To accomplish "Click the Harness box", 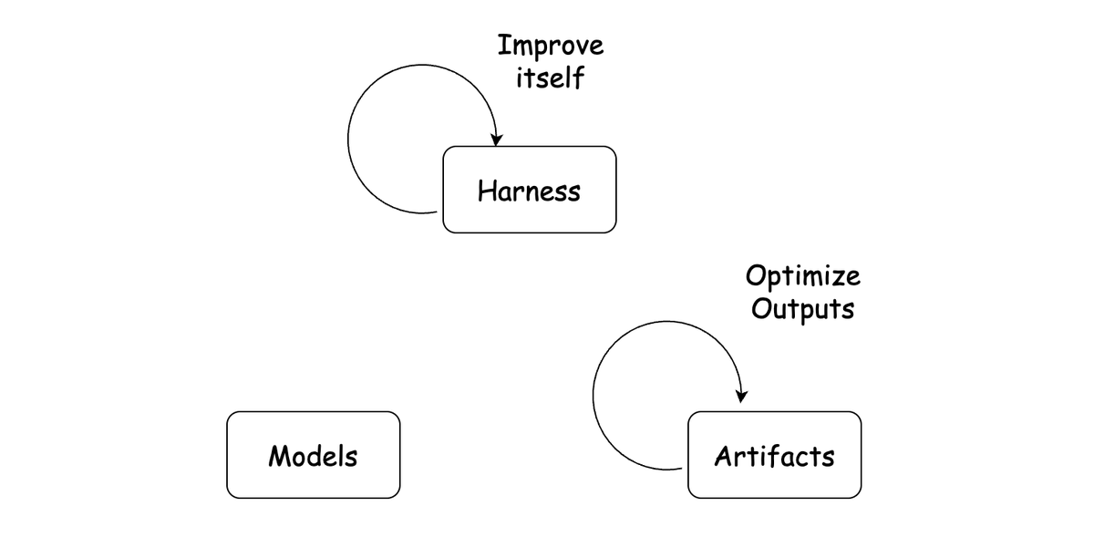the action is pyautogui.click(x=530, y=190).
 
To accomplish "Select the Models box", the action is pyautogui.click(x=313, y=455).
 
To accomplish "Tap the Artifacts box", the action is pyautogui.click(x=775, y=455).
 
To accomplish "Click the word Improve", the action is pyautogui.click(x=551, y=46).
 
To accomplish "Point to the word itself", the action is pyautogui.click(x=551, y=77).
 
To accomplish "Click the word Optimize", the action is pyautogui.click(x=803, y=277).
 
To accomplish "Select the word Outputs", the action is pyautogui.click(x=803, y=309).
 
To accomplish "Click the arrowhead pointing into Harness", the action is pyautogui.click(x=496, y=139).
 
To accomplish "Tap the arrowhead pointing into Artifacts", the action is pyautogui.click(x=741, y=397).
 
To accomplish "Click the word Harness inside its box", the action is pyautogui.click(x=530, y=191).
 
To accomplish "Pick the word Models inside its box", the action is pyautogui.click(x=313, y=456).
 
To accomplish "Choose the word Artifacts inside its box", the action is pyautogui.click(x=775, y=456).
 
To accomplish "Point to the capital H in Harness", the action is pyautogui.click(x=487, y=191).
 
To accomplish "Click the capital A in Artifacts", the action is pyautogui.click(x=724, y=456).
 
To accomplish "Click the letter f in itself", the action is pyautogui.click(x=578, y=77).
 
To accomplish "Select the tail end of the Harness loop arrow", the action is pyautogui.click(x=437, y=212).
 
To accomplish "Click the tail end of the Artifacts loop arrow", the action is pyautogui.click(x=682, y=469).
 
